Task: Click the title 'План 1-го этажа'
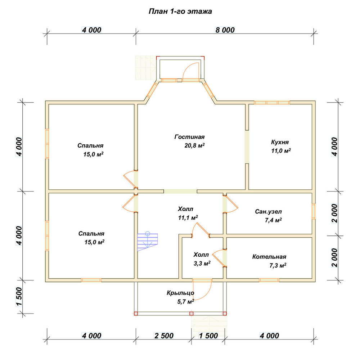coord(180,12)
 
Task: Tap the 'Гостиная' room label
coord(189,137)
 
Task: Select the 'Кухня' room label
coord(280,142)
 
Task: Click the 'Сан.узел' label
coord(268,211)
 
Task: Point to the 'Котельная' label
coord(269,257)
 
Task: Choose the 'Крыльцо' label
coord(180,293)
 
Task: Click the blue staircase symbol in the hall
coord(148,242)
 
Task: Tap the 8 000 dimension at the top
coord(225,30)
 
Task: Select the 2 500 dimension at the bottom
coord(164,336)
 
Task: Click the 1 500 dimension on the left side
coord(19,297)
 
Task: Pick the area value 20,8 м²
coord(194,145)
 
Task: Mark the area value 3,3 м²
coord(202,264)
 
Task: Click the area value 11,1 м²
coord(188,217)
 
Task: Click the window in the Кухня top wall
coord(272,102)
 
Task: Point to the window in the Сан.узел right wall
coord(314,211)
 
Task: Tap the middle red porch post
coord(192,314)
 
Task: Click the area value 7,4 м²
coord(273,220)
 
